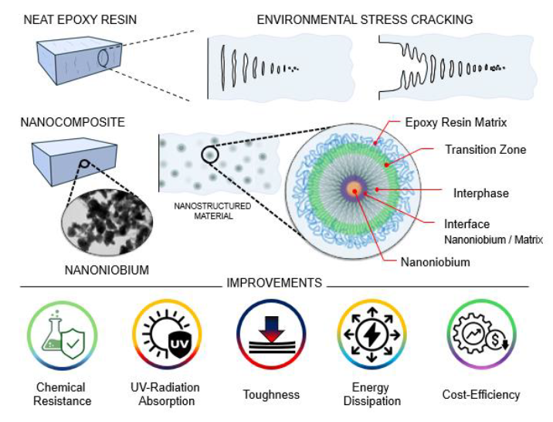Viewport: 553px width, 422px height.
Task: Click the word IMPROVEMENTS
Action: [x=274, y=284]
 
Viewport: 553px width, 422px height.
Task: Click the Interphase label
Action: [x=481, y=193]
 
